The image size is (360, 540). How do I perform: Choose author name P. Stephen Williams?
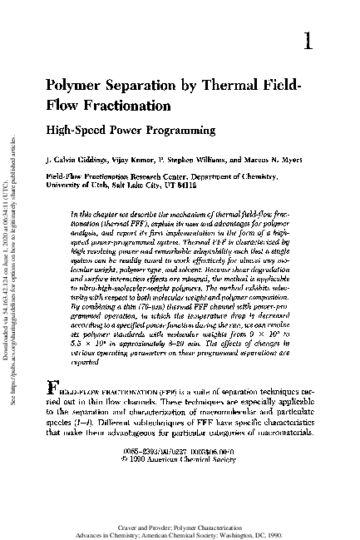coord(186,159)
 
